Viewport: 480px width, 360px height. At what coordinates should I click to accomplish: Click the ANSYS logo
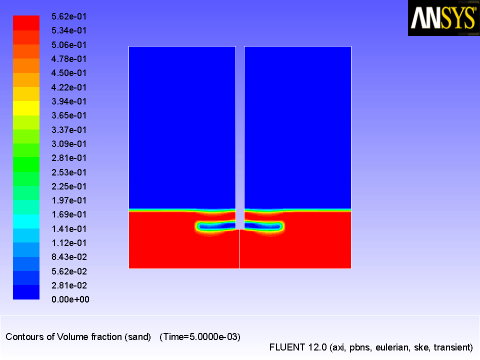[443, 18]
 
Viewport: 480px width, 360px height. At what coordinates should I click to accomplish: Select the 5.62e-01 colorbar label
[69, 16]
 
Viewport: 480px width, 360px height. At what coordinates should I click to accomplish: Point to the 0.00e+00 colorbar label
[70, 299]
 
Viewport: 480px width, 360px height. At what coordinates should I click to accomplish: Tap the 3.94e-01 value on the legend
[69, 101]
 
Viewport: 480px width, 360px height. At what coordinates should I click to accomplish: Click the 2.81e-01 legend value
[69, 158]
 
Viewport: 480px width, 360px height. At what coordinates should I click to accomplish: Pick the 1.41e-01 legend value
[69, 228]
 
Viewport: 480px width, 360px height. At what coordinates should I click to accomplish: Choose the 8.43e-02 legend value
[69, 257]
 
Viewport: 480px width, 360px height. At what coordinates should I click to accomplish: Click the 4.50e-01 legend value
[69, 73]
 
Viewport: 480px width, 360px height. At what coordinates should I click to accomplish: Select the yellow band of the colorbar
[26, 108]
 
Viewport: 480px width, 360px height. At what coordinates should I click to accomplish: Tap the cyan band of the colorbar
[26, 221]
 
